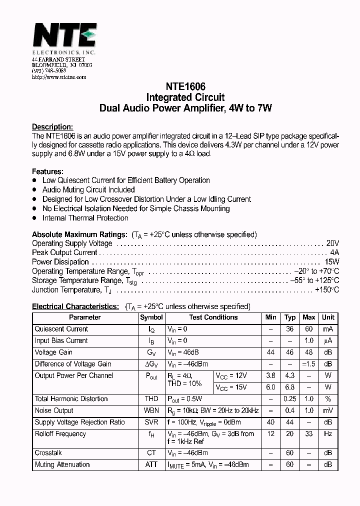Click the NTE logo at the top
64,36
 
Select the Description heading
52,126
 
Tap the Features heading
47,171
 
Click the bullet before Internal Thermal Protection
34,218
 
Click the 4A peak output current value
334,252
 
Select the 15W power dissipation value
332,262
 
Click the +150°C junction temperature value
327,290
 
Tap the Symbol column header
151,317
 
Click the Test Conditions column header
213,317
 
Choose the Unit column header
328,317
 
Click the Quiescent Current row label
61,329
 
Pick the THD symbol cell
151,399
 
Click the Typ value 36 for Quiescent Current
290,329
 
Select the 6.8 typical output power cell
290,387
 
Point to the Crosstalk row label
48,452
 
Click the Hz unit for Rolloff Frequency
328,434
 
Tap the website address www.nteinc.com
59,77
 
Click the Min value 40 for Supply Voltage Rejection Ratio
271,422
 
